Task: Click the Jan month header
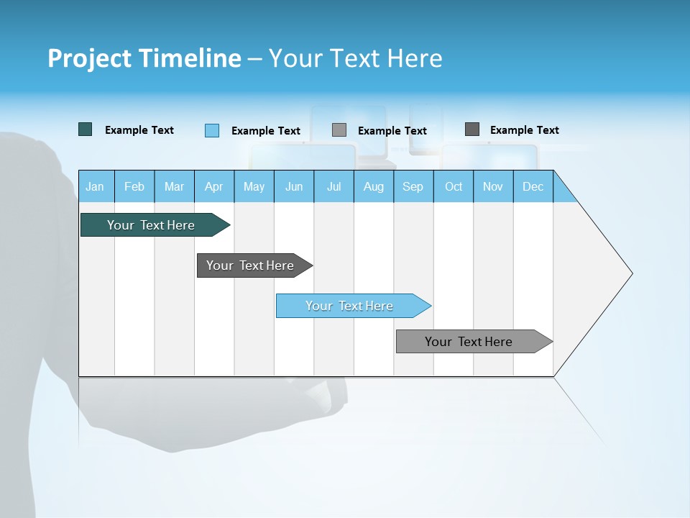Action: coord(95,186)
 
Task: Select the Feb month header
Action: coord(134,186)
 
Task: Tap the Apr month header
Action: coord(214,186)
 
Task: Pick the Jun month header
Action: coord(294,186)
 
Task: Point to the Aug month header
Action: coord(374,186)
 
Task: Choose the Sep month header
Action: coord(413,186)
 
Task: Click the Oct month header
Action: coord(454,186)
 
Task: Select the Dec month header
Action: coord(533,186)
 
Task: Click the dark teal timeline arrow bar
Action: coord(151,225)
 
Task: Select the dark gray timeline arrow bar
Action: coord(250,265)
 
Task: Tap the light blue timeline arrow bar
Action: coord(349,306)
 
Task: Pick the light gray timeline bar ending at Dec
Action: coord(469,342)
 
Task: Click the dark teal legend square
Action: coord(85,129)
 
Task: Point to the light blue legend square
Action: coord(211,130)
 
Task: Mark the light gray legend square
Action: coord(339,130)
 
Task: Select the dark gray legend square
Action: coord(471,129)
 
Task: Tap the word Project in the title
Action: coord(88,58)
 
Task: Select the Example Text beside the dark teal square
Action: coord(139,130)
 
